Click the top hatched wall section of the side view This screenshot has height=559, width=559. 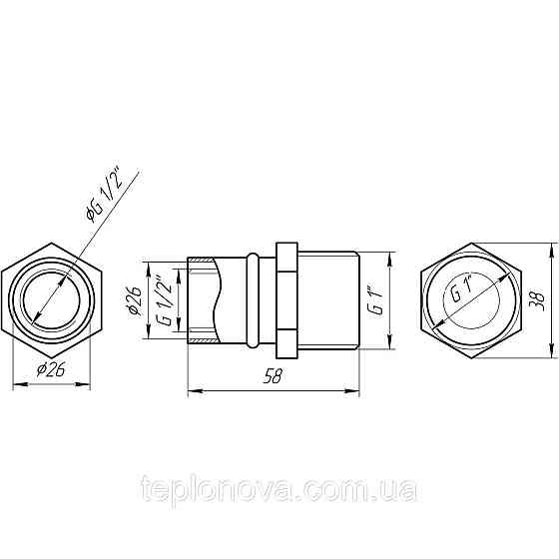pos(202,262)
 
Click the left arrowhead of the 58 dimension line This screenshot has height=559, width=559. pos(193,390)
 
